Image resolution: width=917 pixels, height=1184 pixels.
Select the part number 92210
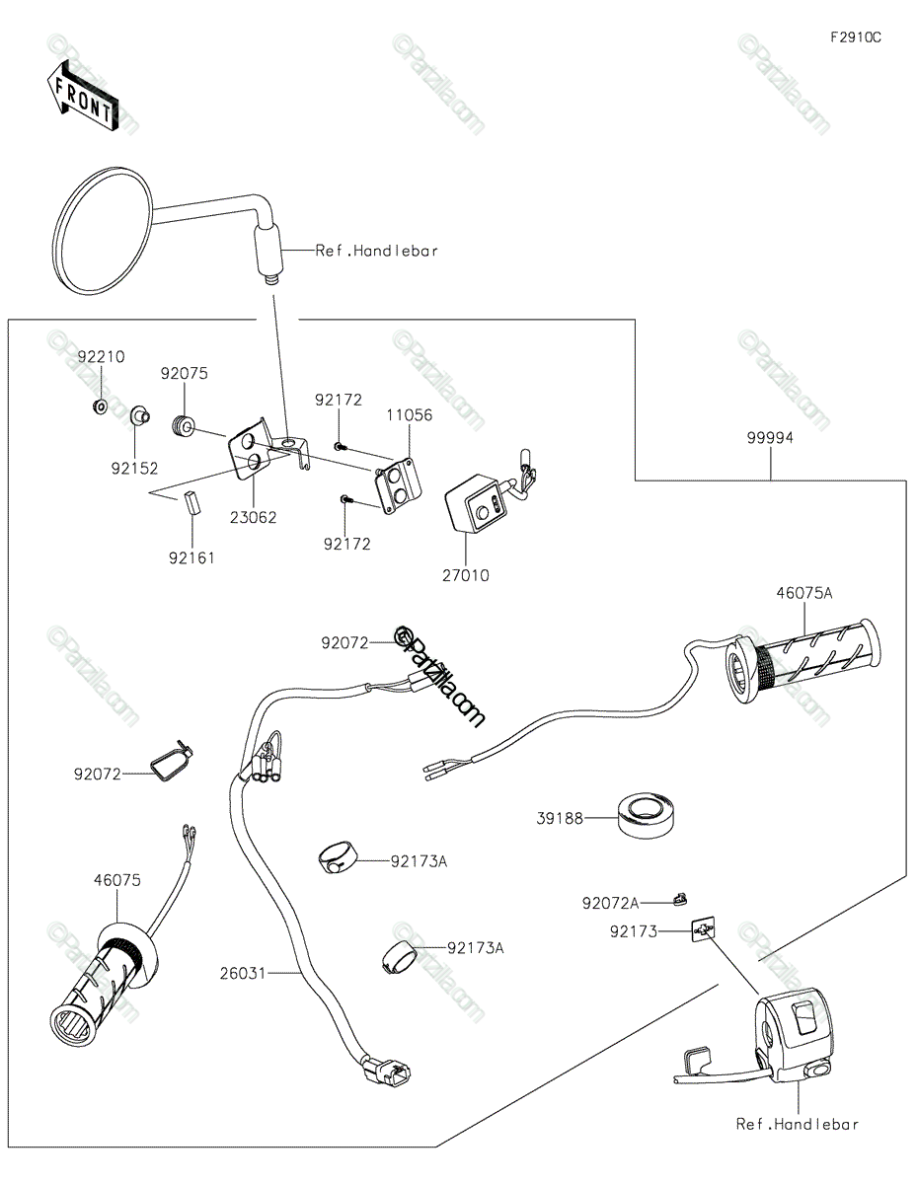(102, 357)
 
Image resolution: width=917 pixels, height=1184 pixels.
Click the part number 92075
(185, 374)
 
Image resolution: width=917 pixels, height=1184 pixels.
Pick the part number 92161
(191, 557)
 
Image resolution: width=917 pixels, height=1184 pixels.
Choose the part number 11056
(409, 415)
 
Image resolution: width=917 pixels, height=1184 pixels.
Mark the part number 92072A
(610, 903)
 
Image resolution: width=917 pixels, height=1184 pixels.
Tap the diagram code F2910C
(855, 38)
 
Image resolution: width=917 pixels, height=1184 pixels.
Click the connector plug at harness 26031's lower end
(387, 1072)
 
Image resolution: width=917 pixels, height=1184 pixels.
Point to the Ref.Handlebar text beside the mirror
(376, 251)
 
